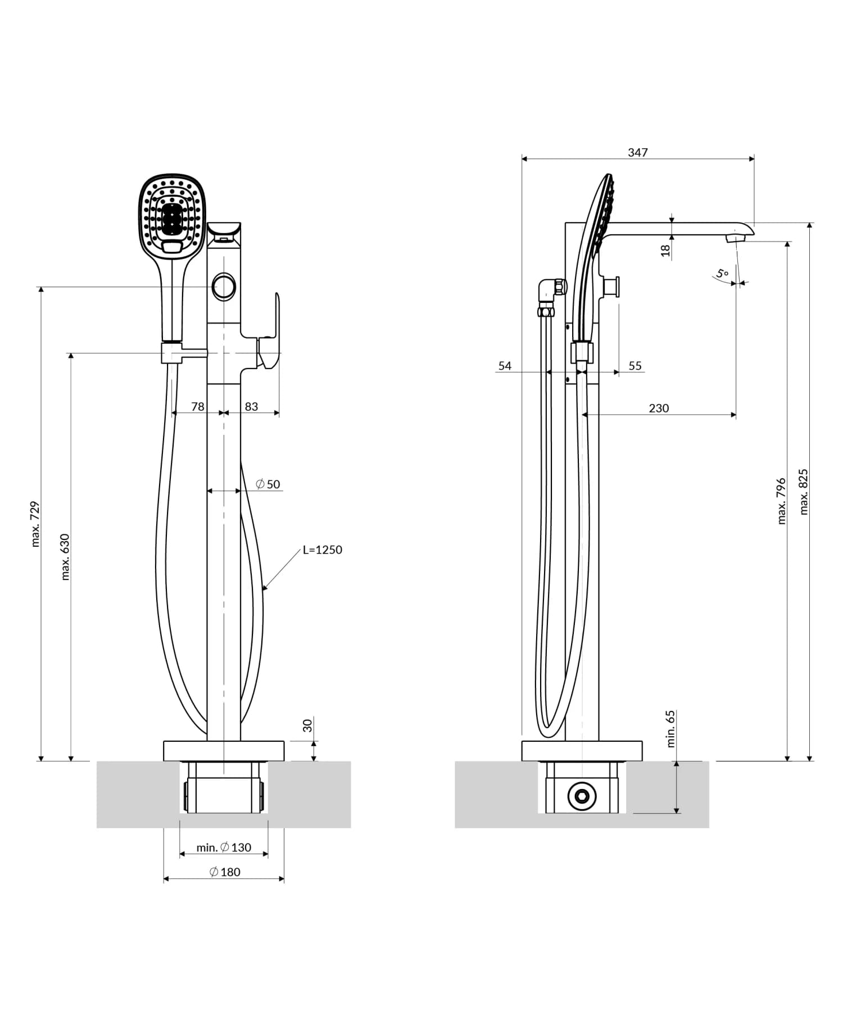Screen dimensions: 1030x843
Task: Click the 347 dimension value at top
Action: [637, 152]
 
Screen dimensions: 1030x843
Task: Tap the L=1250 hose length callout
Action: [322, 550]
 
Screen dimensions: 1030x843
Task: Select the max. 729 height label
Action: [36, 524]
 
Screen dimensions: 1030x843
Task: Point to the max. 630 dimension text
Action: [65, 556]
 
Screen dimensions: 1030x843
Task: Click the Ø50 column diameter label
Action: [268, 484]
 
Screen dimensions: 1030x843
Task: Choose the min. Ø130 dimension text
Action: [224, 847]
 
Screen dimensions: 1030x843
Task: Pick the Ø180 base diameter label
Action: [224, 872]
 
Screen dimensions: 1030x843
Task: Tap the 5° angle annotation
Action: [723, 274]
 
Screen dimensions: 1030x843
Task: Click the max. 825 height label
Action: [804, 492]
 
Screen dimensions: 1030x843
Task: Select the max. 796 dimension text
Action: [781, 501]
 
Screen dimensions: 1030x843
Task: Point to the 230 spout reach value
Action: [659, 408]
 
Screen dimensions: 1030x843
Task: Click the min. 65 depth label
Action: [670, 728]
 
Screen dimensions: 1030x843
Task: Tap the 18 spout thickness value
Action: [666, 250]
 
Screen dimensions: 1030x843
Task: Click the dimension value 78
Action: [198, 406]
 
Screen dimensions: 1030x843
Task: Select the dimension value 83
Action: [251, 406]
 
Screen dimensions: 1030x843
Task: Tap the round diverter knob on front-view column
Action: [224, 287]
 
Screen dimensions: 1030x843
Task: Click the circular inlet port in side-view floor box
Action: [582, 796]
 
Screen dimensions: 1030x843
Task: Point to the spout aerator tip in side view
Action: [735, 239]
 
